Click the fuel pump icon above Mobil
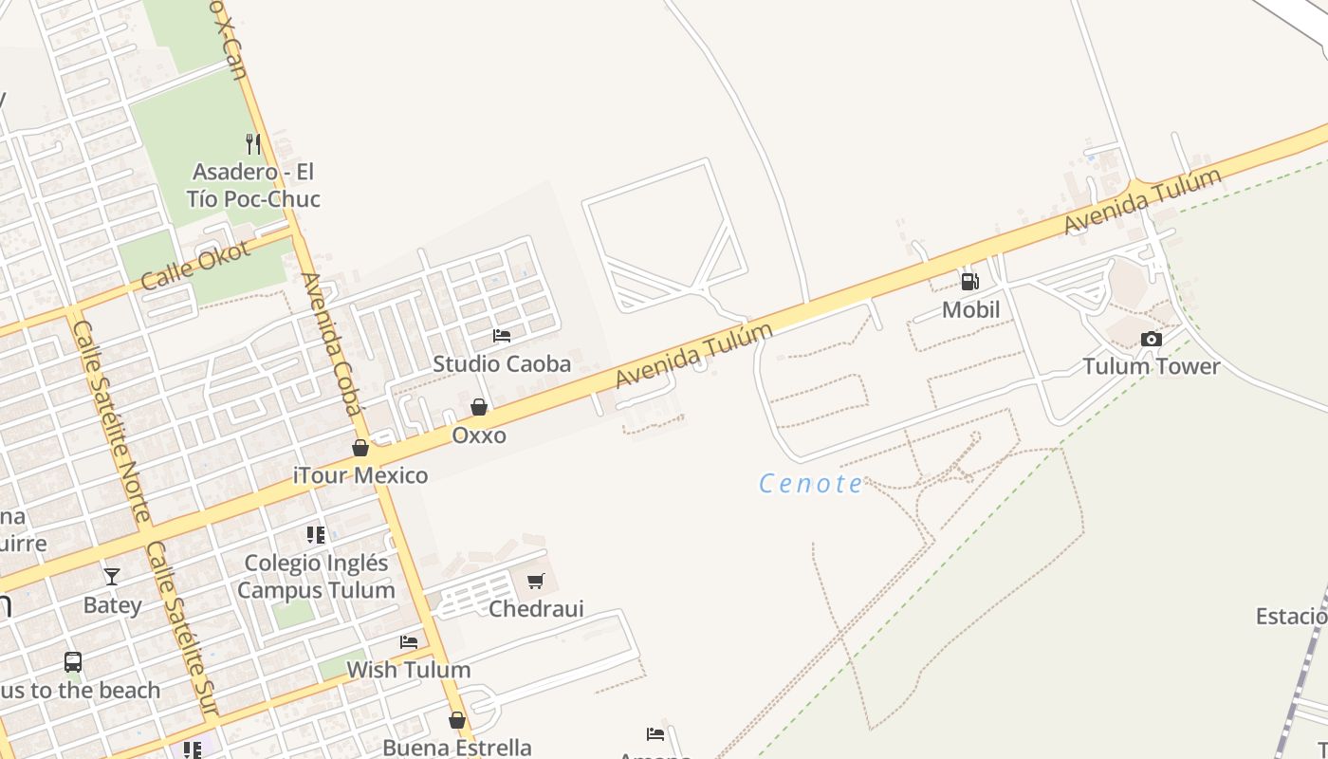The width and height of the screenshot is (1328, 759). pos(969,281)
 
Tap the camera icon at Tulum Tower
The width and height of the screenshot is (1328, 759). pos(1151,339)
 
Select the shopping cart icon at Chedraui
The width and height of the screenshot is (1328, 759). pos(536,581)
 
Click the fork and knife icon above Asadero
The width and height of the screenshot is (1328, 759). pos(252,144)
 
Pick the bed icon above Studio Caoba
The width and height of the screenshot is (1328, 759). pos(502,336)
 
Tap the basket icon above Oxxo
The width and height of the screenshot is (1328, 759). pos(479,407)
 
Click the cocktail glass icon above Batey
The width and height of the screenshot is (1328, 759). pos(112,576)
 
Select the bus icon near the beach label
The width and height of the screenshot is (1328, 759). pos(73,661)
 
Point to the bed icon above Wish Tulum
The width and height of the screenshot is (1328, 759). pos(409,642)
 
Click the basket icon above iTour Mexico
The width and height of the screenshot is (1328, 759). pos(360,448)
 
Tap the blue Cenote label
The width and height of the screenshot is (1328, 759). pos(812,484)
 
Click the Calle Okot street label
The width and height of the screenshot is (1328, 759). pos(195,266)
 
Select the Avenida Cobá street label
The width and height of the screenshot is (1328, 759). pos(332,343)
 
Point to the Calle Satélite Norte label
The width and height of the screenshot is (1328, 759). pos(112,420)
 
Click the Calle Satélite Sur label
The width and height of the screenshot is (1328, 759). pos(181,629)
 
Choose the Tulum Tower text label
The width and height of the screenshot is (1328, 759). pos(1151,366)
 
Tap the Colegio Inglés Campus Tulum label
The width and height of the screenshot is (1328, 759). pos(316,576)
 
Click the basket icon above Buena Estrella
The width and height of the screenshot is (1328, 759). pos(457,720)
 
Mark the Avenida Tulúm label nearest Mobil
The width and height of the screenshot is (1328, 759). pos(1142,201)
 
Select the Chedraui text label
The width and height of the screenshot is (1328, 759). pos(536,608)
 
